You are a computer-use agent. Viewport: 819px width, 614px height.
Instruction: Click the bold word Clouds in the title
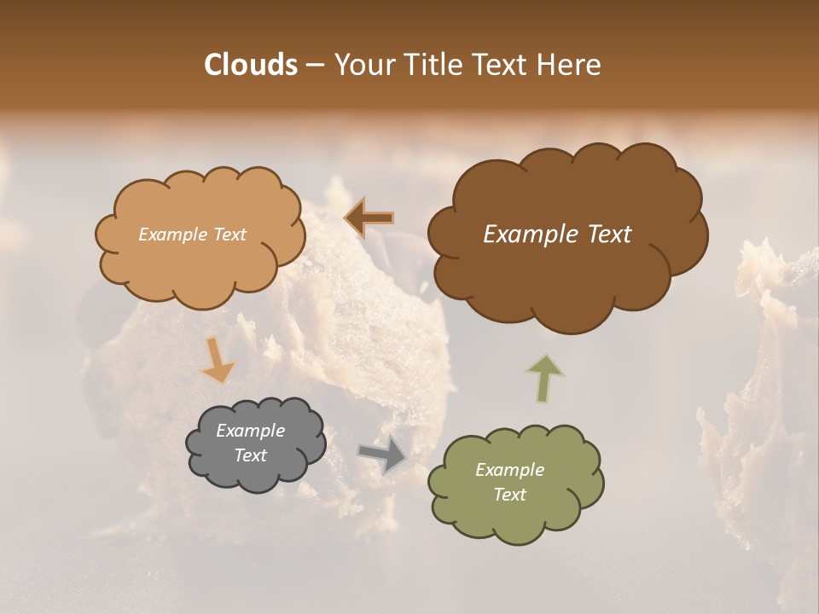(x=250, y=65)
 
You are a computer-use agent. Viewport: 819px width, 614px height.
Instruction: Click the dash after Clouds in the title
(x=314, y=66)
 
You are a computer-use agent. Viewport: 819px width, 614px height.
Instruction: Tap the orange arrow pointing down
(x=218, y=360)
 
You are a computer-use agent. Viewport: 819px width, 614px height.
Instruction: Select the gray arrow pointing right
(x=382, y=455)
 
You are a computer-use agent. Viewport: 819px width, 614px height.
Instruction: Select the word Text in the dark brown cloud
(x=603, y=235)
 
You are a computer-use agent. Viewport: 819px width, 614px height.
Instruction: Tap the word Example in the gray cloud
(x=250, y=431)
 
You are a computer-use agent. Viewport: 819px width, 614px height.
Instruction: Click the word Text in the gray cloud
(x=250, y=455)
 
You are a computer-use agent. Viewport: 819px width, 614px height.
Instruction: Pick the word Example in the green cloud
(x=509, y=470)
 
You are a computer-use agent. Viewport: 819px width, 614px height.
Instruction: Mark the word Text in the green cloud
(x=509, y=495)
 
